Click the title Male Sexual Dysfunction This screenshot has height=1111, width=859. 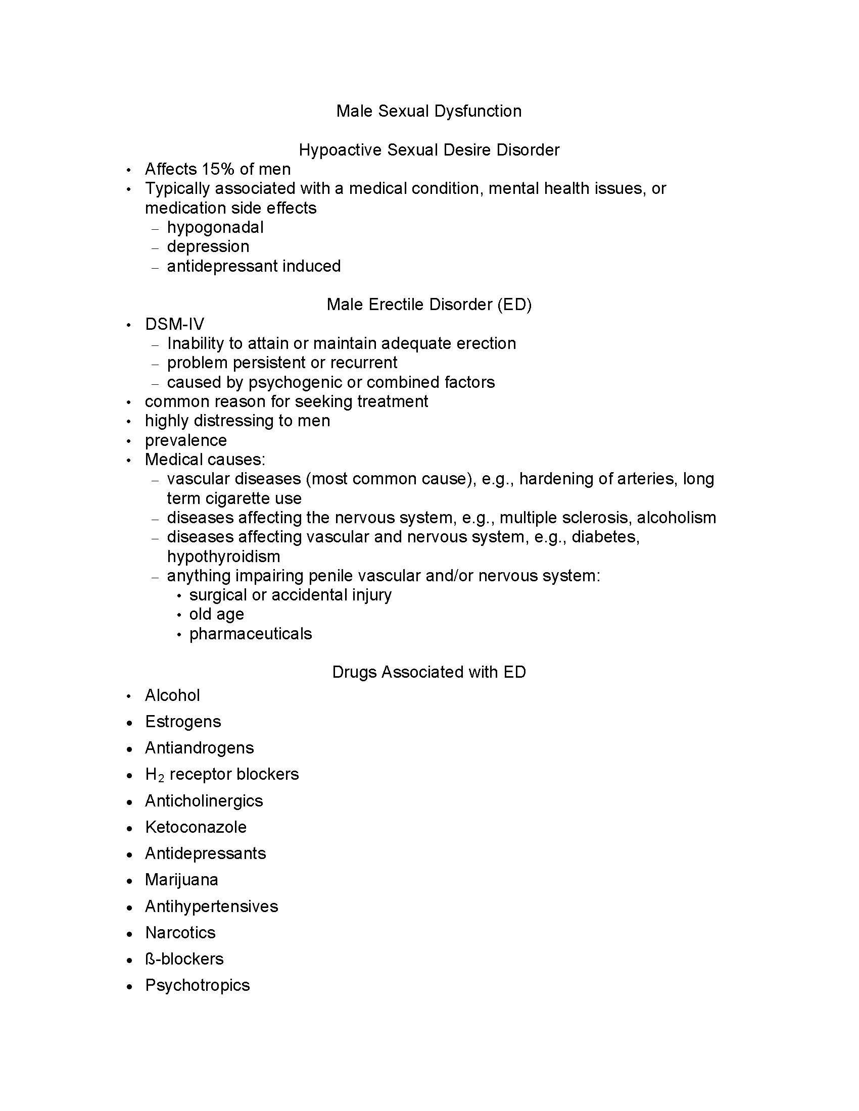428,111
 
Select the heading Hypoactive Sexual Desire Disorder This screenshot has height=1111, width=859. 428,149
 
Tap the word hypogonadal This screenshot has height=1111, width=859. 215,227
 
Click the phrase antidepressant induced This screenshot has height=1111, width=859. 254,266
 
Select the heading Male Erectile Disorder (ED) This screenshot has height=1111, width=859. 428,304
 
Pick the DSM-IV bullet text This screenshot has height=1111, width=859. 174,324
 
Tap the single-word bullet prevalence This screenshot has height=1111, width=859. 186,440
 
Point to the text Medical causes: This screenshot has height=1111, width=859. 205,460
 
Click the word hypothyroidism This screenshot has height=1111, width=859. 223,556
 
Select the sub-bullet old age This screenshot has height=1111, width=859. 216,614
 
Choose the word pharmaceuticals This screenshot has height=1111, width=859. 250,633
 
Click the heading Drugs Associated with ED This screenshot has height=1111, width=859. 428,672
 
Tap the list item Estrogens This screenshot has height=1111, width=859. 183,721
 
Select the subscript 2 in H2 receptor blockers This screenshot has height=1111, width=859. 161,778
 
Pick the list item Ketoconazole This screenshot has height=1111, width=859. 196,827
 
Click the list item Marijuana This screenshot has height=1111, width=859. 181,880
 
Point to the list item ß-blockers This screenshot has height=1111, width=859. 184,958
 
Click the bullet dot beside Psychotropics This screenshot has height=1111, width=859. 130,986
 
